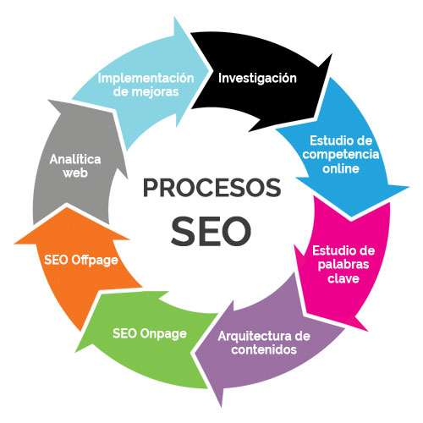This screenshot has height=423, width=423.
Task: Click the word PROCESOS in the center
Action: click(x=211, y=188)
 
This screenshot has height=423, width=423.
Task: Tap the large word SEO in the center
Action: click(x=211, y=231)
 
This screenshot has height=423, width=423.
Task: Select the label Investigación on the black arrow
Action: click(x=257, y=79)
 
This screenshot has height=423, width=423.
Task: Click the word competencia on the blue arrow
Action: click(x=341, y=155)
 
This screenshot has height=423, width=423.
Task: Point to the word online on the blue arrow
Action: click(x=341, y=168)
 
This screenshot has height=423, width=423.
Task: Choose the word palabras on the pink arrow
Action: click(x=343, y=265)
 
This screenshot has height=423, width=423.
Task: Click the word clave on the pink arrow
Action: click(x=343, y=278)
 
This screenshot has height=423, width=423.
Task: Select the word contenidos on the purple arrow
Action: click(x=264, y=349)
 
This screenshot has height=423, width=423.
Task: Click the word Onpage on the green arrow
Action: click(x=163, y=334)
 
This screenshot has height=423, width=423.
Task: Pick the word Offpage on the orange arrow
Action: click(x=94, y=260)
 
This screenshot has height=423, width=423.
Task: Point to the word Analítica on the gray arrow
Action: click(x=75, y=160)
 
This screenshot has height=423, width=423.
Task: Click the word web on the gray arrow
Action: click(x=75, y=173)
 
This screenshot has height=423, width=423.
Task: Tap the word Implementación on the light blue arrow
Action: click(x=146, y=78)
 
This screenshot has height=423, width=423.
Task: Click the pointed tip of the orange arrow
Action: click(x=67, y=208)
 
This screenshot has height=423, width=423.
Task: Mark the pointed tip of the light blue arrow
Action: click(x=210, y=70)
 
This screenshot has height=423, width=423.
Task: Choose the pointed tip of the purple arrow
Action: click(x=195, y=353)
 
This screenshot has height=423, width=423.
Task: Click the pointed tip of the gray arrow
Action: click(x=48, y=100)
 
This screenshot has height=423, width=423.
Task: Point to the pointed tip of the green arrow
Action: click(x=76, y=351)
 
